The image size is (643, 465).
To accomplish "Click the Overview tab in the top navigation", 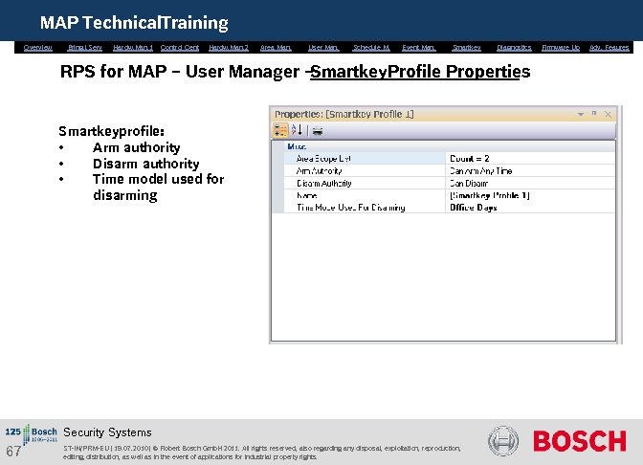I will click(x=38, y=47).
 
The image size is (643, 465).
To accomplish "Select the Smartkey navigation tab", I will click(x=467, y=47).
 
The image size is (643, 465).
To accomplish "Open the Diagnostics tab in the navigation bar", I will click(x=514, y=47).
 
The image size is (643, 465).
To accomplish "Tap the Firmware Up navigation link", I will click(x=561, y=47).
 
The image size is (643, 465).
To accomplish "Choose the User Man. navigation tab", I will click(x=323, y=47).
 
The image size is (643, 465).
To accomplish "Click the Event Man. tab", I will click(x=419, y=47).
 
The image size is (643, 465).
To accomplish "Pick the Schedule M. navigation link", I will click(x=371, y=47).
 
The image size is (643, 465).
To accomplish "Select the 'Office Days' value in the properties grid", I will click(x=474, y=208).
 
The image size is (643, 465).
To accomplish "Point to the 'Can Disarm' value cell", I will click(x=472, y=183).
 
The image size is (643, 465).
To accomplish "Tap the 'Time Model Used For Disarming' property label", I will click(x=350, y=208).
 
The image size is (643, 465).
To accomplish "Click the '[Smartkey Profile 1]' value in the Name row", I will click(x=489, y=195).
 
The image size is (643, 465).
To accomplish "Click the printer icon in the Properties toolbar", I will click(x=318, y=130).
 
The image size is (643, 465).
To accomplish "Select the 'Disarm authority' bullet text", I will click(x=145, y=164).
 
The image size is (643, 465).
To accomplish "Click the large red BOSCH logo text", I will click(x=579, y=441).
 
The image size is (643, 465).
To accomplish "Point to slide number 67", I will click(x=13, y=452).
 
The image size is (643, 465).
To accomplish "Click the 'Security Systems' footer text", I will click(x=107, y=432).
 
